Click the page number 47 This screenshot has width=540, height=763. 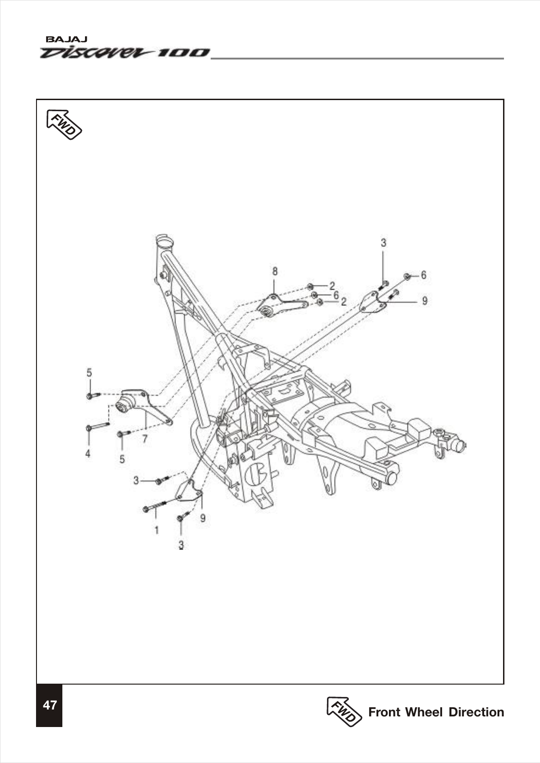click(49, 705)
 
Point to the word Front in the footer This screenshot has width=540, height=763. click(384, 712)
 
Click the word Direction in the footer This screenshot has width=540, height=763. click(476, 712)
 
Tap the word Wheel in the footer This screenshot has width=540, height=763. click(424, 712)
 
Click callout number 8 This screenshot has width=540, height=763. click(275, 270)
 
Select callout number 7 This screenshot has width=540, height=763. click(145, 438)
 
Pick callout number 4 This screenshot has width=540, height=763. click(88, 453)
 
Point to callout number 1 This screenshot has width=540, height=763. click(157, 530)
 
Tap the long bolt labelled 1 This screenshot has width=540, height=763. click(155, 506)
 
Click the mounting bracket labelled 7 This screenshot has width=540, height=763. click(139, 403)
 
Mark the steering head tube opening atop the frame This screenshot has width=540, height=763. click(164, 241)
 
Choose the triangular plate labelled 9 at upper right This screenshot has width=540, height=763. click(373, 303)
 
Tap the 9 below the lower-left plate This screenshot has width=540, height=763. click(202, 518)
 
